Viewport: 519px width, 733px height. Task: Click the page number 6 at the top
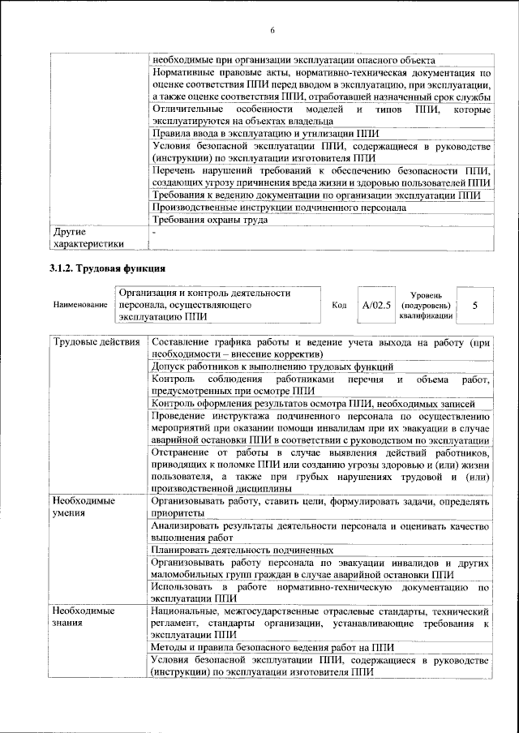(x=272, y=31)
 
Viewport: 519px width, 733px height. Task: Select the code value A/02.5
(x=376, y=306)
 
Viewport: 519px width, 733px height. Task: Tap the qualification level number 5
(x=474, y=306)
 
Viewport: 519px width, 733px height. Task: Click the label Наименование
(x=80, y=306)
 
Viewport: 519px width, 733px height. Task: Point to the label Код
(x=340, y=306)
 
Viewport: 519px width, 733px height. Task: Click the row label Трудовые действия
(x=96, y=342)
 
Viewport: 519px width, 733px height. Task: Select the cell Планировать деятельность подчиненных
(x=242, y=549)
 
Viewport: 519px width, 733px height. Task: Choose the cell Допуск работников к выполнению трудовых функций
(x=272, y=367)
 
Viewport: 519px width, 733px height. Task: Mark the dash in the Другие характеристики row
(x=154, y=232)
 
